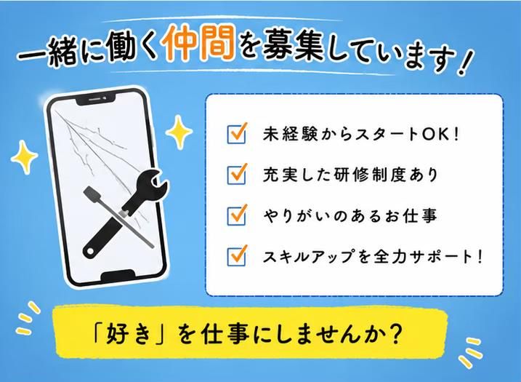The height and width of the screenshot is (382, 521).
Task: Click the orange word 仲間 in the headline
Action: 198,43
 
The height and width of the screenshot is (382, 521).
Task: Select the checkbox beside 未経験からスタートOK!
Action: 237,134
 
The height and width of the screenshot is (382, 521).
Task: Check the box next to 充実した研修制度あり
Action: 237,175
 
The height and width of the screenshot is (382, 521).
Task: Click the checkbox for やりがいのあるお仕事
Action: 237,215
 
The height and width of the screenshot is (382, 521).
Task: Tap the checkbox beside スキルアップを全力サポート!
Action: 237,256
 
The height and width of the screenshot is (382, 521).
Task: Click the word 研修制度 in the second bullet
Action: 373,175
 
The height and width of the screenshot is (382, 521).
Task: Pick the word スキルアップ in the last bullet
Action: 308,257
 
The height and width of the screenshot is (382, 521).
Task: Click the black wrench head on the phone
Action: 152,186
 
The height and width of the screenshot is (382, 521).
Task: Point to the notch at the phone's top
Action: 96,100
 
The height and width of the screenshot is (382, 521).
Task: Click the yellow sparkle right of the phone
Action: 179,132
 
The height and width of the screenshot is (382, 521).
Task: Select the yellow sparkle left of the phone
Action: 24,156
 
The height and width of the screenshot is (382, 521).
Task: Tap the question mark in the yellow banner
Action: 395,333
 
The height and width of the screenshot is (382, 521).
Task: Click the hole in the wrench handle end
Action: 90,250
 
